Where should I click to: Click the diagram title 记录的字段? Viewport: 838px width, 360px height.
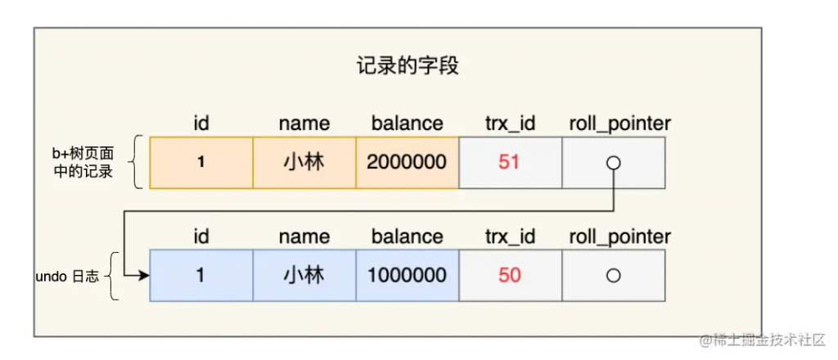(x=408, y=67)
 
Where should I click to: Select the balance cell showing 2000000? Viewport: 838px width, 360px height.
(x=408, y=163)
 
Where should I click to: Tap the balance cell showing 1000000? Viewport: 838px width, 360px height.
(x=408, y=276)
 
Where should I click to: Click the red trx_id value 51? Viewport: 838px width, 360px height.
(x=509, y=162)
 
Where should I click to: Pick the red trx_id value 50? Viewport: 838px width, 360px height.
(x=509, y=276)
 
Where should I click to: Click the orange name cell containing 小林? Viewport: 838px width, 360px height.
(x=304, y=163)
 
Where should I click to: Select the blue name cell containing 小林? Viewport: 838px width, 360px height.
(x=304, y=276)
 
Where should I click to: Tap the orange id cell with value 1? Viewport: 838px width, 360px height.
(x=201, y=163)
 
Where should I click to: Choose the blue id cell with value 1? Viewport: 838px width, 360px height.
(x=201, y=276)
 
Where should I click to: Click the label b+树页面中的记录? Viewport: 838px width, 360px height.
(x=83, y=163)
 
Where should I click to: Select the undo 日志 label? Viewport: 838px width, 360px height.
(x=67, y=277)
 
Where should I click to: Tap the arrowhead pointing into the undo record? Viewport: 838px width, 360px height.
(x=143, y=276)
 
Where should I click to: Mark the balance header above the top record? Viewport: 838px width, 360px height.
(x=408, y=124)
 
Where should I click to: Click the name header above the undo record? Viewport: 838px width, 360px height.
(x=304, y=236)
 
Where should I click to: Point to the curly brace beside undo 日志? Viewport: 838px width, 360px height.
(x=112, y=277)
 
